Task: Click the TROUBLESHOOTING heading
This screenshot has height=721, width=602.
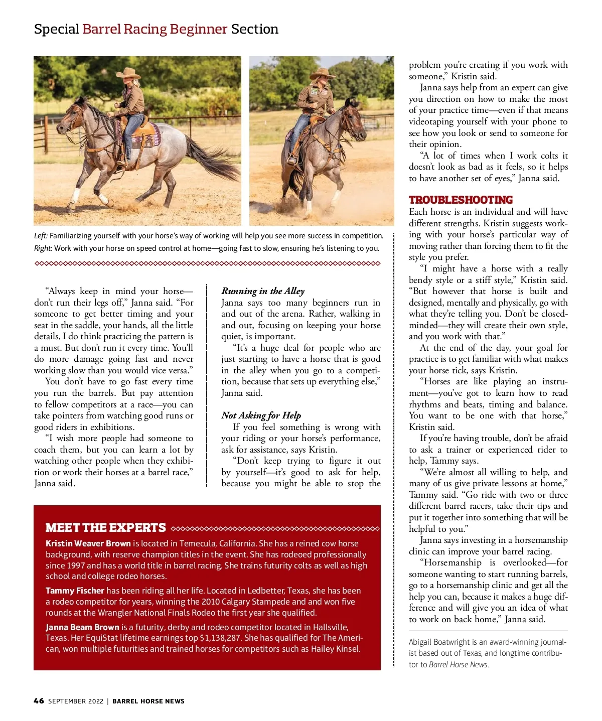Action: [461, 200]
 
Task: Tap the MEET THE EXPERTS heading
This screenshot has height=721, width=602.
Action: [105, 528]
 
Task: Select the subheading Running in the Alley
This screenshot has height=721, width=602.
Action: [263, 291]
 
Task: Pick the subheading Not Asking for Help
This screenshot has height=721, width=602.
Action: [261, 415]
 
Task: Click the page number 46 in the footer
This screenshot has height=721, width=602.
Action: [39, 701]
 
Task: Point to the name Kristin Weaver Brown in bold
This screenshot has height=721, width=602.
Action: [88, 543]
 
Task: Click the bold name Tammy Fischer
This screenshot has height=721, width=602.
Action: [75, 591]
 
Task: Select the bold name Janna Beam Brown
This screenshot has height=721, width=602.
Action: [82, 627]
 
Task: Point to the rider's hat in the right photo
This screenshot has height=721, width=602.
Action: [322, 74]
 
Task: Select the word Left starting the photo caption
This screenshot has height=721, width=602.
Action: [41, 236]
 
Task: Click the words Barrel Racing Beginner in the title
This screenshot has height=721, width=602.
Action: [155, 29]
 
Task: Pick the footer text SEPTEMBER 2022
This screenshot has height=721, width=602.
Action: [76, 701]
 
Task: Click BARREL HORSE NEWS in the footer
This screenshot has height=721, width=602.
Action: [148, 701]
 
